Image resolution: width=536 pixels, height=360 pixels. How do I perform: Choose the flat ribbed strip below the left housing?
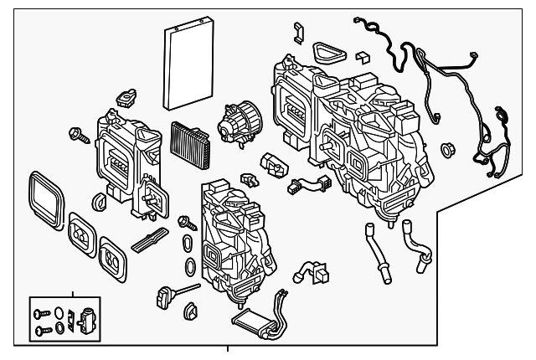click(152, 240)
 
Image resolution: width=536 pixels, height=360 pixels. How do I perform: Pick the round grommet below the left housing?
click(100, 200)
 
